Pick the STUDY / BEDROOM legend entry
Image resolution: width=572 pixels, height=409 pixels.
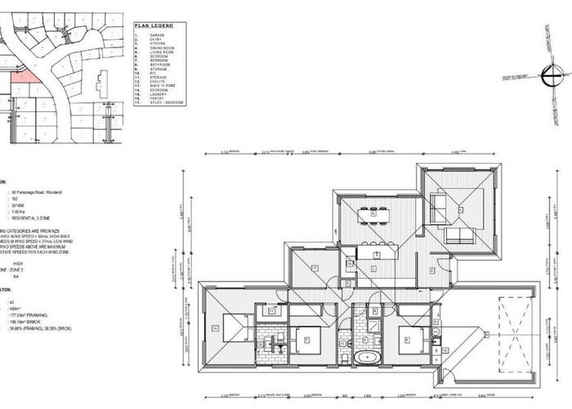166,102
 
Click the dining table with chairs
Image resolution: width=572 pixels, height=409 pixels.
376,214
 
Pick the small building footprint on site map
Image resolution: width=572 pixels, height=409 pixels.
99,83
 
